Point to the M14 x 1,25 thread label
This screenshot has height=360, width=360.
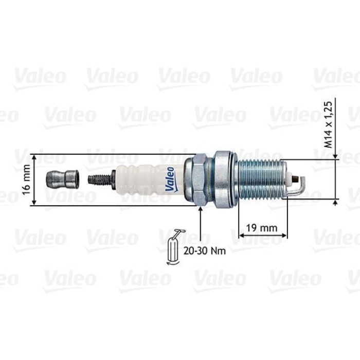[329, 123]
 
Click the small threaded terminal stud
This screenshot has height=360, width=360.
[100, 179]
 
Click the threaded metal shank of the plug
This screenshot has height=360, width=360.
[260, 179]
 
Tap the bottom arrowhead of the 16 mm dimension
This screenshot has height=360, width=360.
[34, 203]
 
